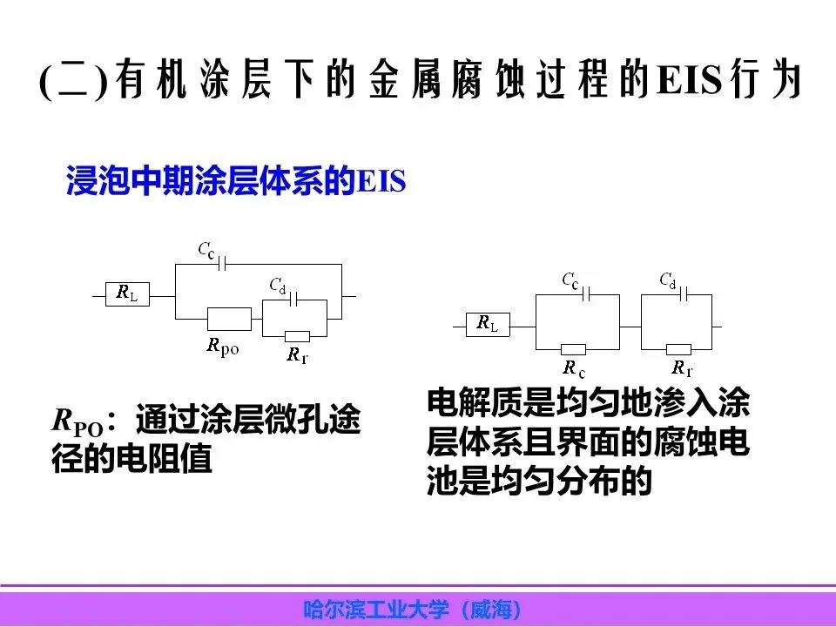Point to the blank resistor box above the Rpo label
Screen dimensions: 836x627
[229, 319]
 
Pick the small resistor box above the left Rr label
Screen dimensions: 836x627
[297, 337]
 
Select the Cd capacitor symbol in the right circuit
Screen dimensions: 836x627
[685, 293]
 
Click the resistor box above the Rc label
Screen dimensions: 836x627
[575, 349]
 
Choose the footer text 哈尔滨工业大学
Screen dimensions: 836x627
[374, 609]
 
